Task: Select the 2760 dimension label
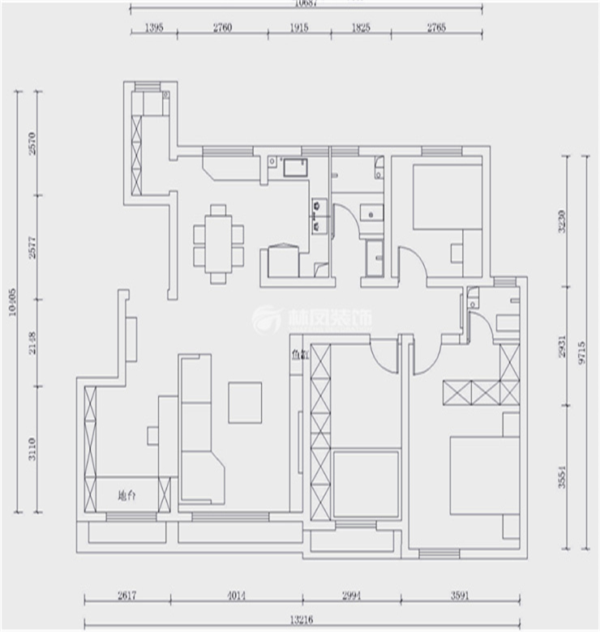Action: click(222, 28)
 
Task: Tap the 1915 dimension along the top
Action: click(299, 28)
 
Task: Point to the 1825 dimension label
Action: click(361, 28)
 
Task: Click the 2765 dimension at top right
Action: click(436, 28)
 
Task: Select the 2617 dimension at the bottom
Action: click(126, 596)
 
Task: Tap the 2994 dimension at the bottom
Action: click(354, 596)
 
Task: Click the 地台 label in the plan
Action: click(126, 496)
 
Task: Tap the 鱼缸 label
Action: click(299, 354)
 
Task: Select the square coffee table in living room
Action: click(245, 403)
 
